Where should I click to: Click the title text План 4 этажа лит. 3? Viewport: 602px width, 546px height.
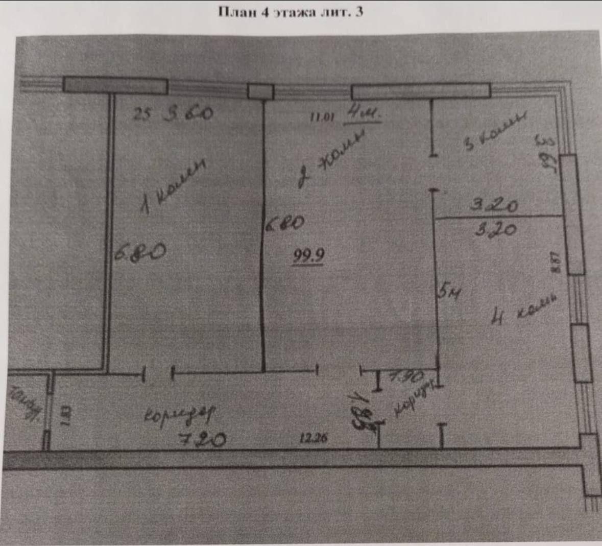(291, 12)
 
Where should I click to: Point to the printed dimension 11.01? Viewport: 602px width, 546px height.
(322, 117)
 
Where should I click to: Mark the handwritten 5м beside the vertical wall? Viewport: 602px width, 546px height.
(449, 292)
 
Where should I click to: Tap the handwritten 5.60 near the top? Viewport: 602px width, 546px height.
(187, 113)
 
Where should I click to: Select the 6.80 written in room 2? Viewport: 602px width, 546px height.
(285, 223)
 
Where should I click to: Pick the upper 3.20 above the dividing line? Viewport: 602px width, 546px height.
(494, 205)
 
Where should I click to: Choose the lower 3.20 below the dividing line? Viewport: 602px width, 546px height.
(495, 229)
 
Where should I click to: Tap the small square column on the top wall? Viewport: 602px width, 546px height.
(260, 91)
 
